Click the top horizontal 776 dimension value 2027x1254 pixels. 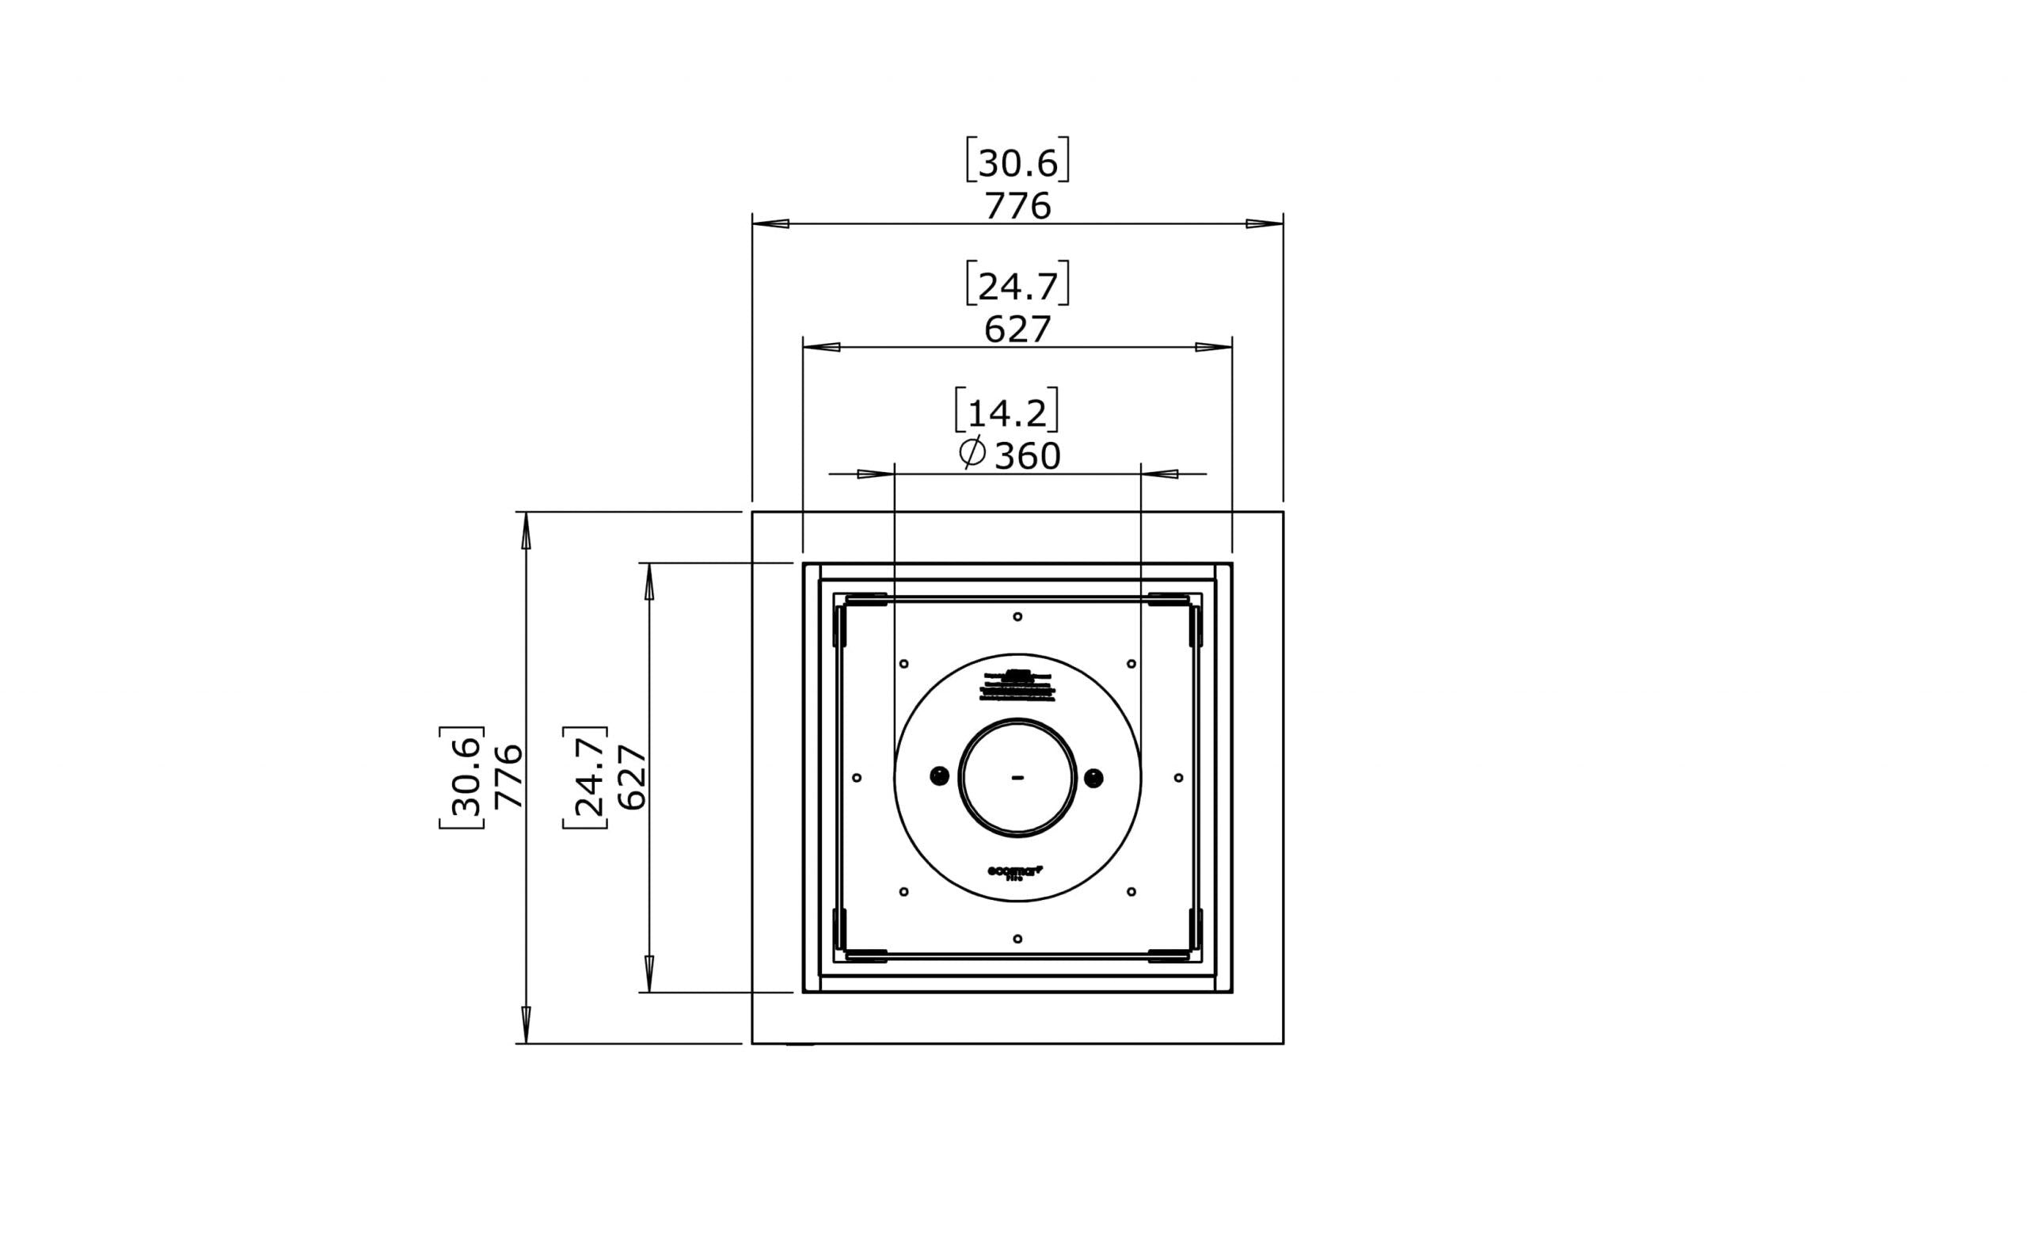point(1017,206)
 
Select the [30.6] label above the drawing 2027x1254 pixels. point(1017,162)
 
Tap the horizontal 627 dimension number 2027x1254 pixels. point(1017,330)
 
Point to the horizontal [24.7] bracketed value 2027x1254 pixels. point(1017,285)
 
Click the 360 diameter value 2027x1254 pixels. point(1027,457)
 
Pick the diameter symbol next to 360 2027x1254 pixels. point(972,453)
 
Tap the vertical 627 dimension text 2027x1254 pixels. point(633,777)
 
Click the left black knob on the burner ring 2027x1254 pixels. point(939,777)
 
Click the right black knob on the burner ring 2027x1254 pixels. point(1093,778)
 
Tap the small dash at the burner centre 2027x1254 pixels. point(1017,778)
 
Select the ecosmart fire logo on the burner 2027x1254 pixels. point(1015,871)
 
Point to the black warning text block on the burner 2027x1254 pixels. point(1017,686)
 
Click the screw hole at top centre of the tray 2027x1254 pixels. point(1017,616)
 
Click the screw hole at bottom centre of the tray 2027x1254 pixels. point(1017,939)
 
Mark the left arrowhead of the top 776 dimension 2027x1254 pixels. point(771,224)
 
